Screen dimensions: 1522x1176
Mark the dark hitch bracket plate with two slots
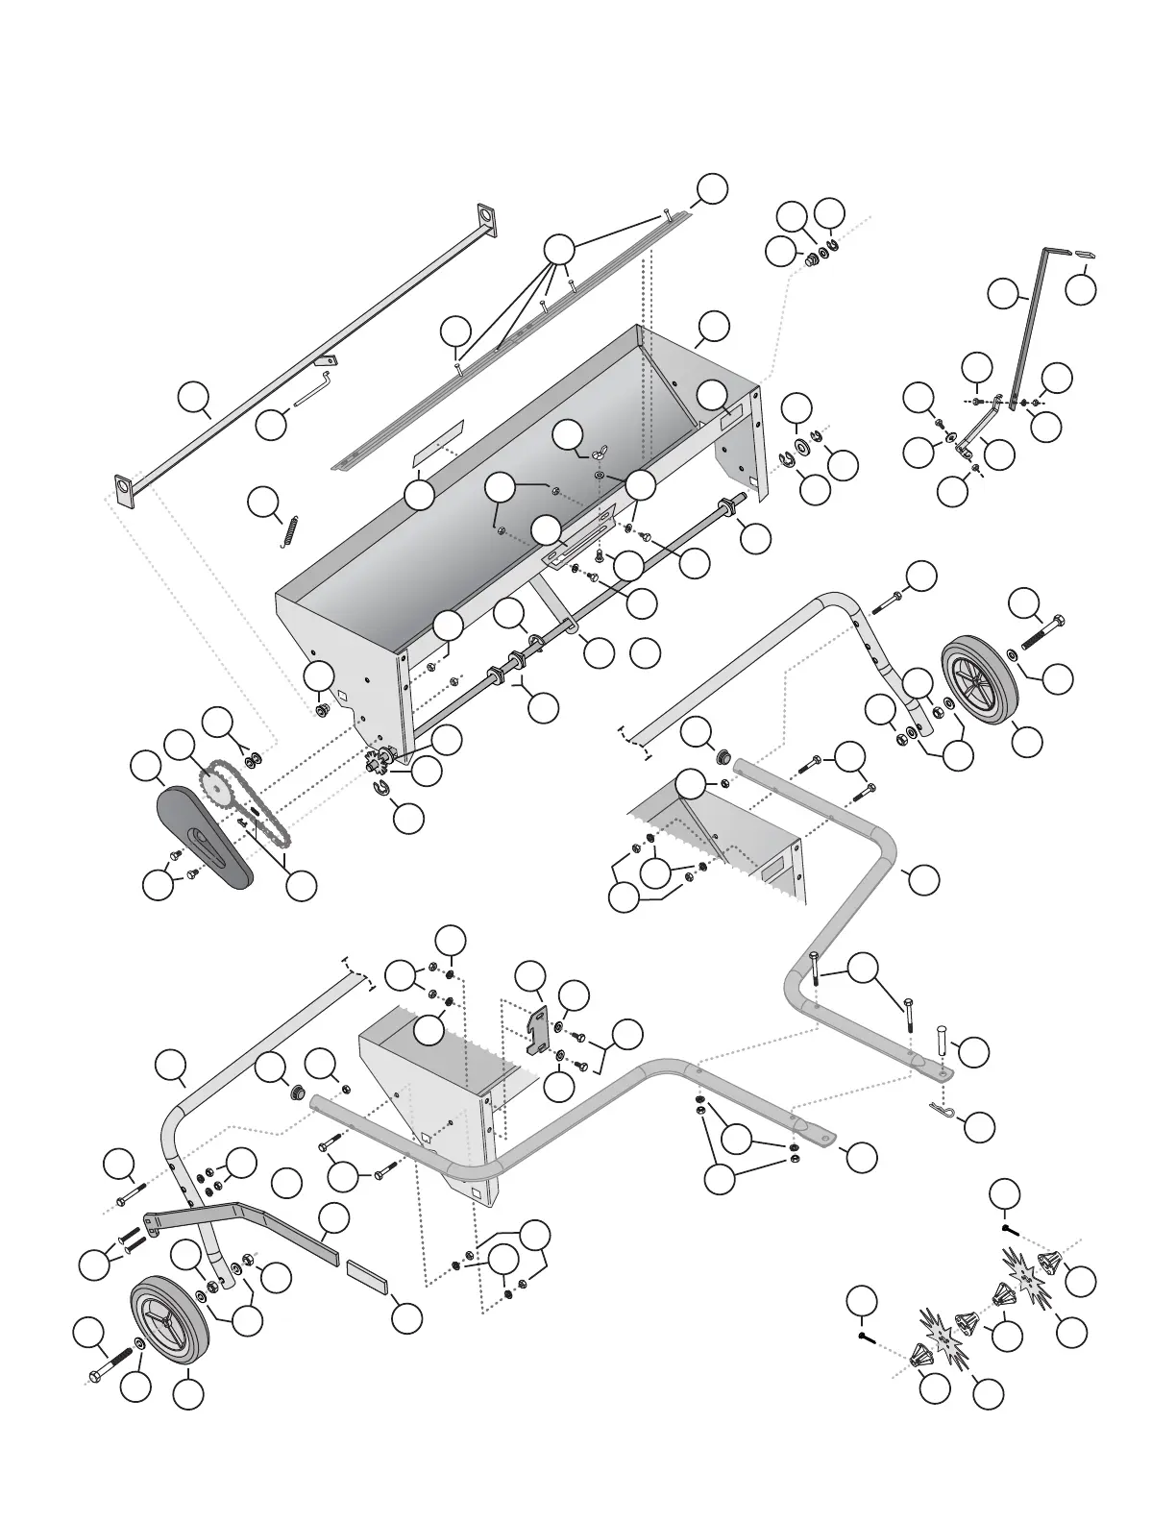pyautogui.click(x=539, y=1031)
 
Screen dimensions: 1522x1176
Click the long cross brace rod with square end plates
pyautogui.click(x=307, y=346)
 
